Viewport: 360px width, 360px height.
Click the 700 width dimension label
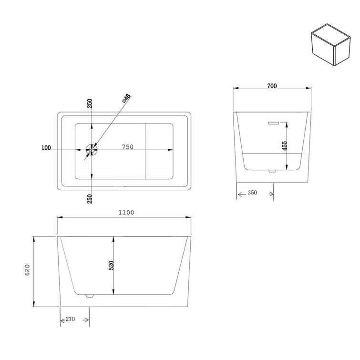pyautogui.click(x=272, y=86)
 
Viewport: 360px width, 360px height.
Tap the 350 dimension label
pyautogui.click(x=252, y=193)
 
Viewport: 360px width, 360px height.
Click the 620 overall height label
pyautogui.click(x=27, y=270)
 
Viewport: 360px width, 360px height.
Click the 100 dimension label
pyautogui.click(x=46, y=148)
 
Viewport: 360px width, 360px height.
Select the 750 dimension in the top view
pyautogui.click(x=127, y=147)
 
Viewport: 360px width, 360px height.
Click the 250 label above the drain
pyautogui.click(x=90, y=104)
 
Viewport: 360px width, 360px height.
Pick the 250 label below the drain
pyautogui.click(x=90, y=198)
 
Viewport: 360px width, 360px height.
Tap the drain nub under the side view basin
pyautogui.click(x=89, y=296)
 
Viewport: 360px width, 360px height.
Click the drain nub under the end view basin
pyautogui.click(x=272, y=171)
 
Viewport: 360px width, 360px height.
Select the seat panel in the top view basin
pyautogui.click(x=159, y=151)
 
